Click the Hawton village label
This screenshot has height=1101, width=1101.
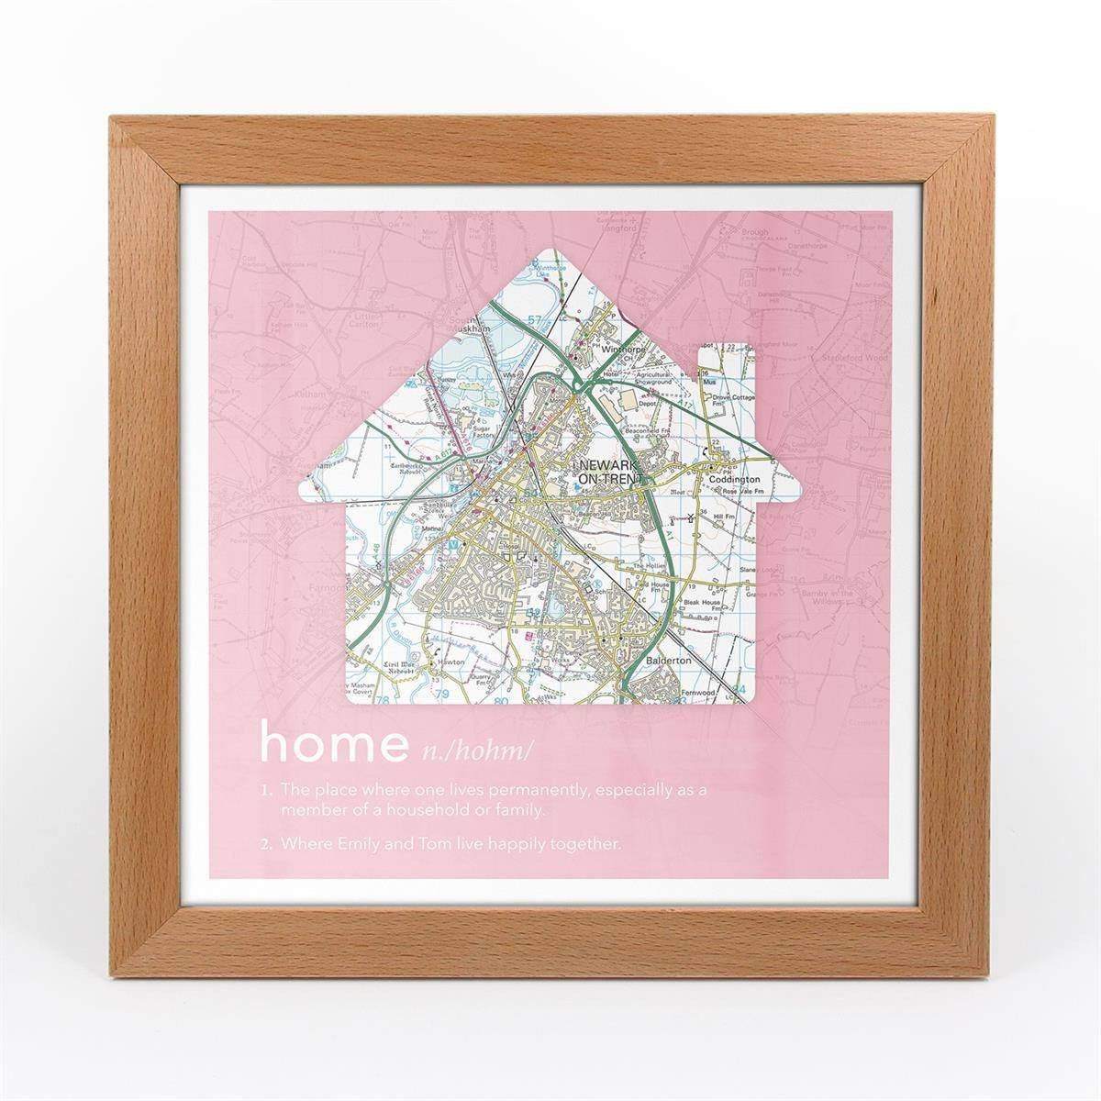coord(450,662)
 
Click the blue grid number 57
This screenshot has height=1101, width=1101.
coord(536,320)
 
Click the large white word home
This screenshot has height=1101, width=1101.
coord(332,742)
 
